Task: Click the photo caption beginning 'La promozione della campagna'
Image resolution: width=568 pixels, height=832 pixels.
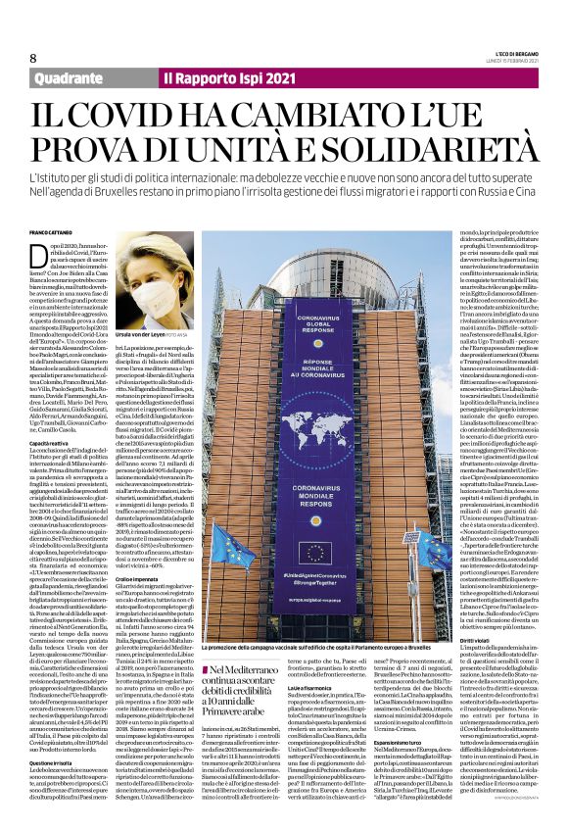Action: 323,620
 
